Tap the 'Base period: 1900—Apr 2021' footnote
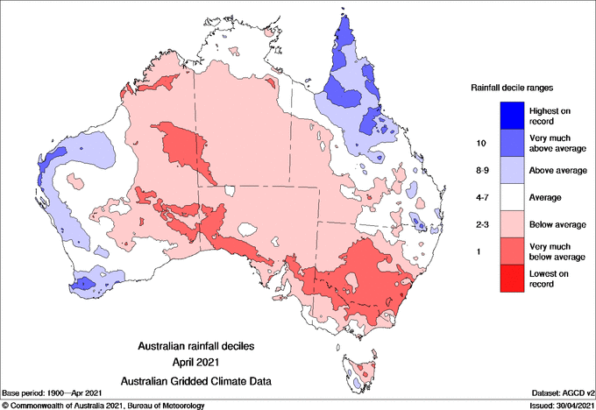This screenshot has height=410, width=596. pos(54,392)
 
